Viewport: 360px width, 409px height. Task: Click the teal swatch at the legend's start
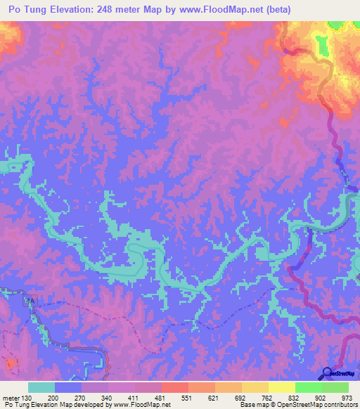point(41,388)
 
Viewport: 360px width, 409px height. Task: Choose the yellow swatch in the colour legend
point(282,388)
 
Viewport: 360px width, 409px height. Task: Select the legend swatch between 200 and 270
point(68,388)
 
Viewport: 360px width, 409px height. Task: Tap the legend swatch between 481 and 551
point(175,388)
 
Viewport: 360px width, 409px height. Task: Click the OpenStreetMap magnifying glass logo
point(326,372)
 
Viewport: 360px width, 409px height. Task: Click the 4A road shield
point(29,301)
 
